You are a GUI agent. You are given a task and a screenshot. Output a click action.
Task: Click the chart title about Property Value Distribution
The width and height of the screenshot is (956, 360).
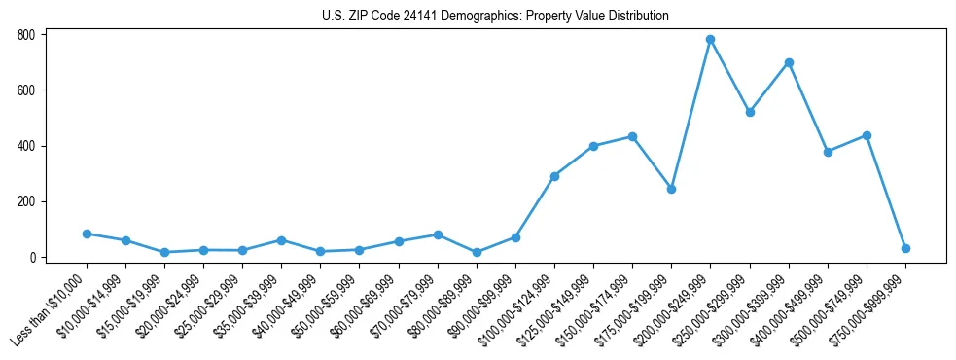496,16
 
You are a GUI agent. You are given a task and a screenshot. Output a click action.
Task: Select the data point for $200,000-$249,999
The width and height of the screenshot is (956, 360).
710,40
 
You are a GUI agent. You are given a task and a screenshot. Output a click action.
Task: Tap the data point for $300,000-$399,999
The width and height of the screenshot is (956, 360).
789,62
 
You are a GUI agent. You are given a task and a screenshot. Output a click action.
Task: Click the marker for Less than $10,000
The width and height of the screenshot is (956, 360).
87,234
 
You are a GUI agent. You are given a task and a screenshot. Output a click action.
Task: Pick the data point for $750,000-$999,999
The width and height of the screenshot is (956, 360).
905,248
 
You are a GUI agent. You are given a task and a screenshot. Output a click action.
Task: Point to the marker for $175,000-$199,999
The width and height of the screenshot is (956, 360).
671,189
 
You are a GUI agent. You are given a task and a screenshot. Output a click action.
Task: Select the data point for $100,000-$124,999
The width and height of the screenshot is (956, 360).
554,176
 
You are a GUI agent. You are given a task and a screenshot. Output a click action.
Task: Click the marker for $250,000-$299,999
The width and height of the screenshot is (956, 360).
750,112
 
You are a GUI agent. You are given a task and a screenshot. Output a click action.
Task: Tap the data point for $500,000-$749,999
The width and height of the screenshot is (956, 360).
867,135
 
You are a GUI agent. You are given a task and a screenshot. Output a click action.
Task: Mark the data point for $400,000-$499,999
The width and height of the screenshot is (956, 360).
828,152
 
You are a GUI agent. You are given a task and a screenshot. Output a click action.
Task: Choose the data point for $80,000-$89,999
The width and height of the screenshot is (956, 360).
477,252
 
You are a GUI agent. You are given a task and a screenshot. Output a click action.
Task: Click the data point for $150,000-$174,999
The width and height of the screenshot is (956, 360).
632,136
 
